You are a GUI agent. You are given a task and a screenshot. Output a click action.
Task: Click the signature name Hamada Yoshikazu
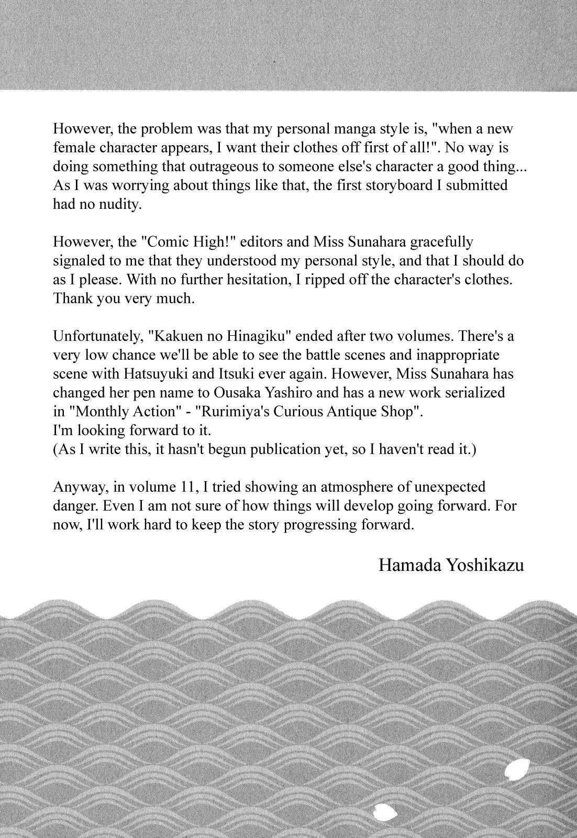click(451, 565)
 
